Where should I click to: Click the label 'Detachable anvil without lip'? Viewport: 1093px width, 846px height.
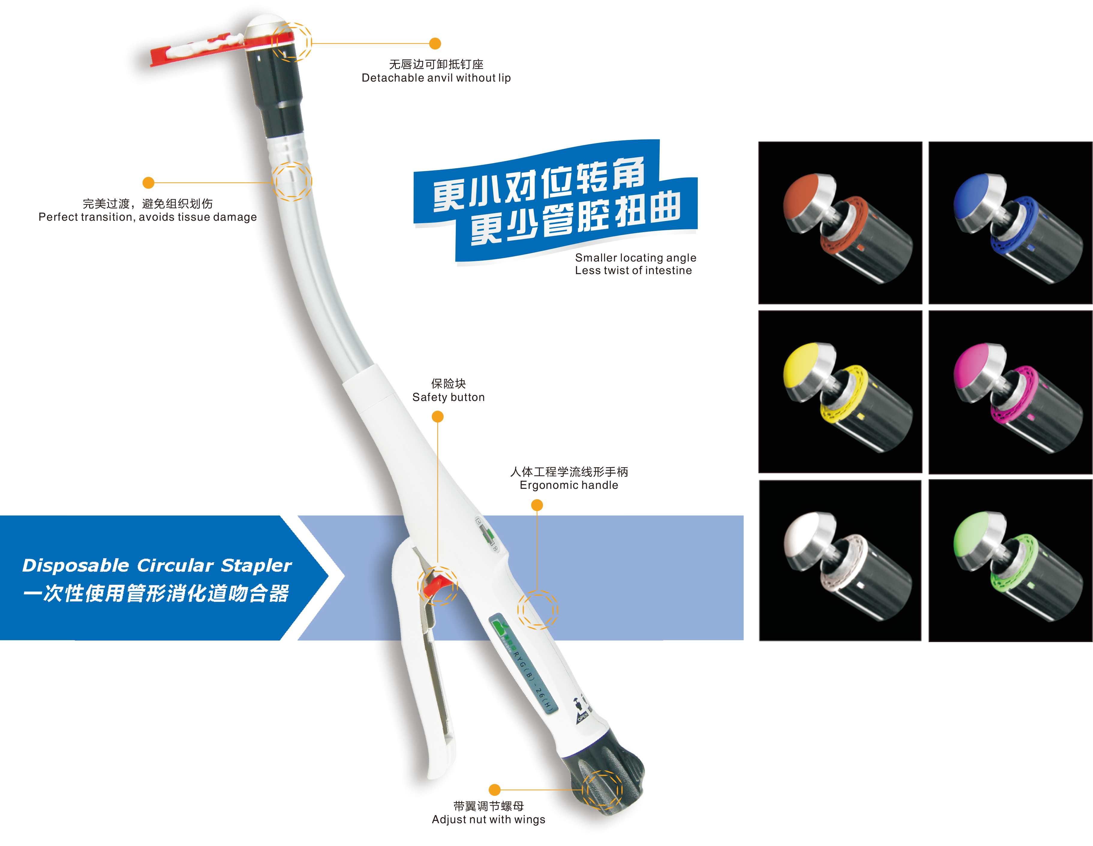(436, 78)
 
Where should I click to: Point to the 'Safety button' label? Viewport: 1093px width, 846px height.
(448, 397)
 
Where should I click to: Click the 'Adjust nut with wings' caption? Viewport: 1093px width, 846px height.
(488, 820)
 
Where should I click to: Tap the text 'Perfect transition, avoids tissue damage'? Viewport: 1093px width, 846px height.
(148, 217)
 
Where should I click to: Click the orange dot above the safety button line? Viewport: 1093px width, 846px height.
(437, 417)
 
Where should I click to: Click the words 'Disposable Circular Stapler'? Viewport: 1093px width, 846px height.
(157, 566)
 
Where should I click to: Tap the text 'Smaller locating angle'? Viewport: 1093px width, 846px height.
(636, 258)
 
